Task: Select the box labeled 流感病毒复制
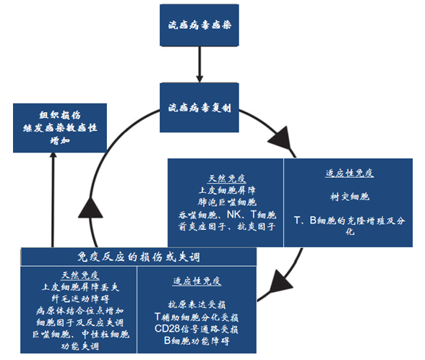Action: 198,107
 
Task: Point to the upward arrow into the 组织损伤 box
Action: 52,195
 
